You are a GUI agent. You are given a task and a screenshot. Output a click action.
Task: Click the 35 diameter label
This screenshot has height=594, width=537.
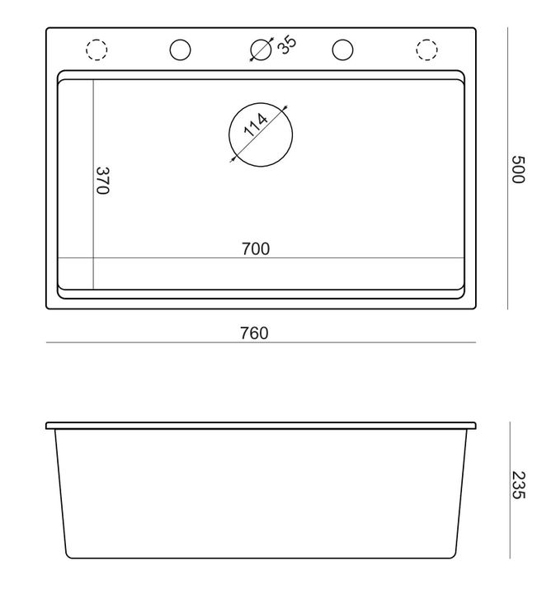[x=286, y=45]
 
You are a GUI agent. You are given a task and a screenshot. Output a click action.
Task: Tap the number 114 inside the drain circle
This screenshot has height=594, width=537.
[x=256, y=126]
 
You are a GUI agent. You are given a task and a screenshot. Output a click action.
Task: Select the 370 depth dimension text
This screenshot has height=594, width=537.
[x=102, y=181]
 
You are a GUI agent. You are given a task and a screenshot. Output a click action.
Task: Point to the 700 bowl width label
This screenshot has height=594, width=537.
[x=256, y=248]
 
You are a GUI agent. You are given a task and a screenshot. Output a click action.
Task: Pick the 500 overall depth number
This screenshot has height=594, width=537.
[x=517, y=169]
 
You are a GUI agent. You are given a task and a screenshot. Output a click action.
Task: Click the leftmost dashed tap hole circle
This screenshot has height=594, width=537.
[x=97, y=50]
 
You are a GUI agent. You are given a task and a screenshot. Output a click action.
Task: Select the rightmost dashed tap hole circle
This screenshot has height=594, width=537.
[x=426, y=50]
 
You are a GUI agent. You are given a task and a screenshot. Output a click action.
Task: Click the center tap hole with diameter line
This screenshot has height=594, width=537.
[x=260, y=50]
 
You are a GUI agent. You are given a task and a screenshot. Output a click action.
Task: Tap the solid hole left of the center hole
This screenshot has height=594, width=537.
[x=179, y=50]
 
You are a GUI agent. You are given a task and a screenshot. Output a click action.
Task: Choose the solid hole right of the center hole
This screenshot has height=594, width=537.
[x=342, y=50]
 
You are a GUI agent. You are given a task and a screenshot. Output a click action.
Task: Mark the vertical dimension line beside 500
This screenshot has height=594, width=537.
[x=507, y=169]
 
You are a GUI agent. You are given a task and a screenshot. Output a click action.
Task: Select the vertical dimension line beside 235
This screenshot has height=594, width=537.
[x=509, y=488]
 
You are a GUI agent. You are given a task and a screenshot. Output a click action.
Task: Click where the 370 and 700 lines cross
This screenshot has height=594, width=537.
[x=93, y=258]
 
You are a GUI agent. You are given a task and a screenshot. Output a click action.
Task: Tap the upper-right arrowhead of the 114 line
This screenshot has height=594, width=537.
[x=285, y=106]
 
